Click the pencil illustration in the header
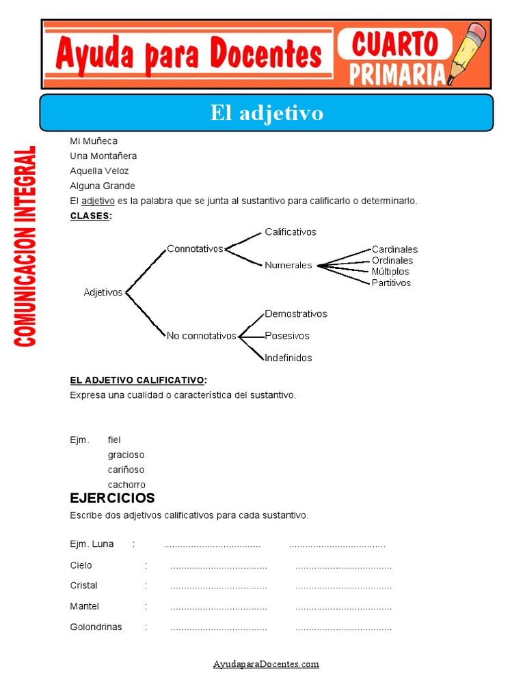[469, 53]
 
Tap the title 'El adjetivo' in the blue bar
[267, 113]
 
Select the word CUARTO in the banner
[394, 44]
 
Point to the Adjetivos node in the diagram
[103, 292]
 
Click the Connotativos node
[195, 249]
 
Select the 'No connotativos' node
[201, 336]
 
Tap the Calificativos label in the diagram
[291, 232]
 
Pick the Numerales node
[288, 266]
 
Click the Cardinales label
[394, 250]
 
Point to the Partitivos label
[391, 283]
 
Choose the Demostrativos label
[296, 314]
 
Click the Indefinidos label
[288, 358]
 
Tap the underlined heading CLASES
[90, 216]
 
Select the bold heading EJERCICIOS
[112, 498]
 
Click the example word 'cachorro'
[126, 485]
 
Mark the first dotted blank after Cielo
[218, 567]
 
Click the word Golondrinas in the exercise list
[96, 627]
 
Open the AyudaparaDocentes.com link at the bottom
[266, 664]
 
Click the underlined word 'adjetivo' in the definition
[98, 201]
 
